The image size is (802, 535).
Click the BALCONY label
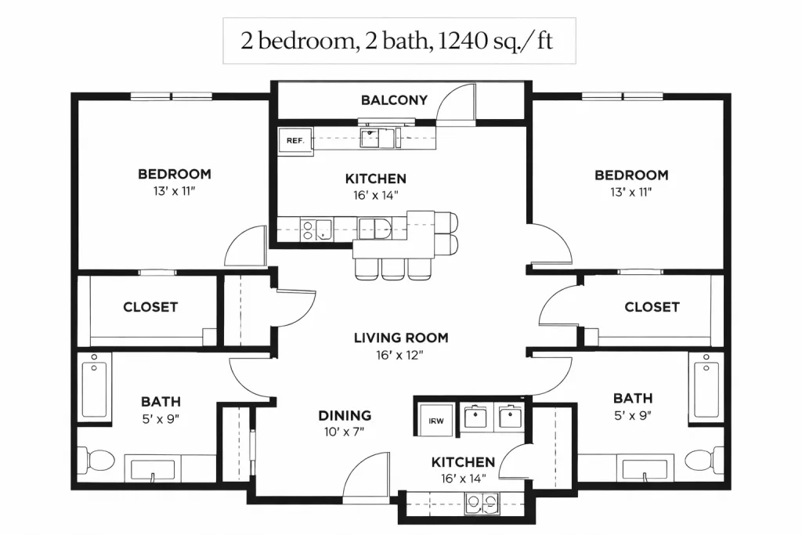[x=394, y=99]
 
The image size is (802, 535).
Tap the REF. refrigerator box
[x=295, y=141]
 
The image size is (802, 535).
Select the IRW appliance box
[x=435, y=421]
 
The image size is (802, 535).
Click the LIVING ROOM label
[x=401, y=338]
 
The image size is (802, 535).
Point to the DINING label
[x=345, y=415]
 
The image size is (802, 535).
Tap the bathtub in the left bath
[x=94, y=385]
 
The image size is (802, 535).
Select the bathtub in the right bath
[x=706, y=385]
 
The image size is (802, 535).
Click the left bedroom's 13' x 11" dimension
[x=175, y=191]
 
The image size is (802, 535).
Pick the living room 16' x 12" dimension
[x=400, y=355]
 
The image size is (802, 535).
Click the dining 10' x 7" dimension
[x=345, y=432]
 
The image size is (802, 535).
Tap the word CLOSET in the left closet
[x=150, y=307]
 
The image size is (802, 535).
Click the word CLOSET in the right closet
[x=652, y=307]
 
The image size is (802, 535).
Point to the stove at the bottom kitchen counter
[x=482, y=503]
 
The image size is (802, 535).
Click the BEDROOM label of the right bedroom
[x=631, y=175]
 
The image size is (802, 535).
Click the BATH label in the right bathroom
[x=633, y=398]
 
